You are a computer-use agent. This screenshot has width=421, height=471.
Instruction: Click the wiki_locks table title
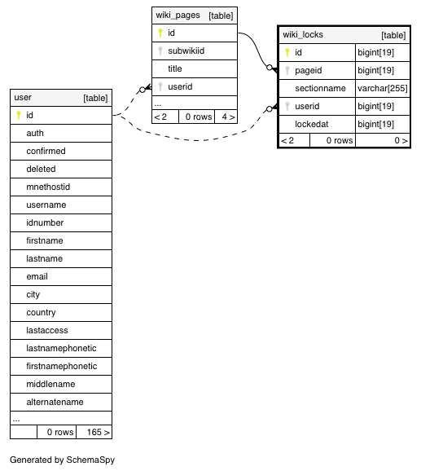tap(303, 34)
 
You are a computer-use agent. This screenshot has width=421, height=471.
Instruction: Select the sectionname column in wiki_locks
tap(320, 88)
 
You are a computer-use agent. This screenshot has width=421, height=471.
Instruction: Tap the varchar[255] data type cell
tap(382, 88)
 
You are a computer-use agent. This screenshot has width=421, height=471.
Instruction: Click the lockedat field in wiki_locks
tap(311, 124)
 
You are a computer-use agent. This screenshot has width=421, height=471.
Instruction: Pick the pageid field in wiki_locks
tap(308, 70)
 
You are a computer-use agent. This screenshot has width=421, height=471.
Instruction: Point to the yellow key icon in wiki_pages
tap(160, 33)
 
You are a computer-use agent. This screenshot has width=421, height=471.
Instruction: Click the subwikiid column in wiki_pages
tap(186, 51)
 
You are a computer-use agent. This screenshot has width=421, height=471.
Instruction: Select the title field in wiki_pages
tap(174, 68)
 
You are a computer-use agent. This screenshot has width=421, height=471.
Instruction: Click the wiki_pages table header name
tap(178, 15)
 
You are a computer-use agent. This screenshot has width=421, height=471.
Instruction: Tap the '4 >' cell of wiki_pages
tap(228, 117)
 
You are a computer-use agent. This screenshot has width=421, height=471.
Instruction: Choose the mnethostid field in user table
tap(48, 187)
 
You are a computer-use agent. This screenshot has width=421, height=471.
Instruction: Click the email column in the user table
tap(37, 276)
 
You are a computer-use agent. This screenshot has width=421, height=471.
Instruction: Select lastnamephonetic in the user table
tap(61, 348)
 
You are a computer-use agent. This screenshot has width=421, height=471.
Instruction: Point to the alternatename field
tap(55, 402)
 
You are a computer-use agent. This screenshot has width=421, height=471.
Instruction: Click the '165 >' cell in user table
tap(98, 432)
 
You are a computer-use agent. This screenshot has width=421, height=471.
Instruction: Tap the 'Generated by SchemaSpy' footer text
tap(62, 460)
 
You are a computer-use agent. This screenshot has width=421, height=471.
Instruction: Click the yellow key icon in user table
tap(19, 115)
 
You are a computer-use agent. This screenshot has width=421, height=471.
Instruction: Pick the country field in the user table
tap(41, 312)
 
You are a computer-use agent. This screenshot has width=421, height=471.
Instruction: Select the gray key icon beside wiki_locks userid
tap(287, 106)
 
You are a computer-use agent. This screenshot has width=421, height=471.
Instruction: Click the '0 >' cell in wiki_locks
tap(401, 140)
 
